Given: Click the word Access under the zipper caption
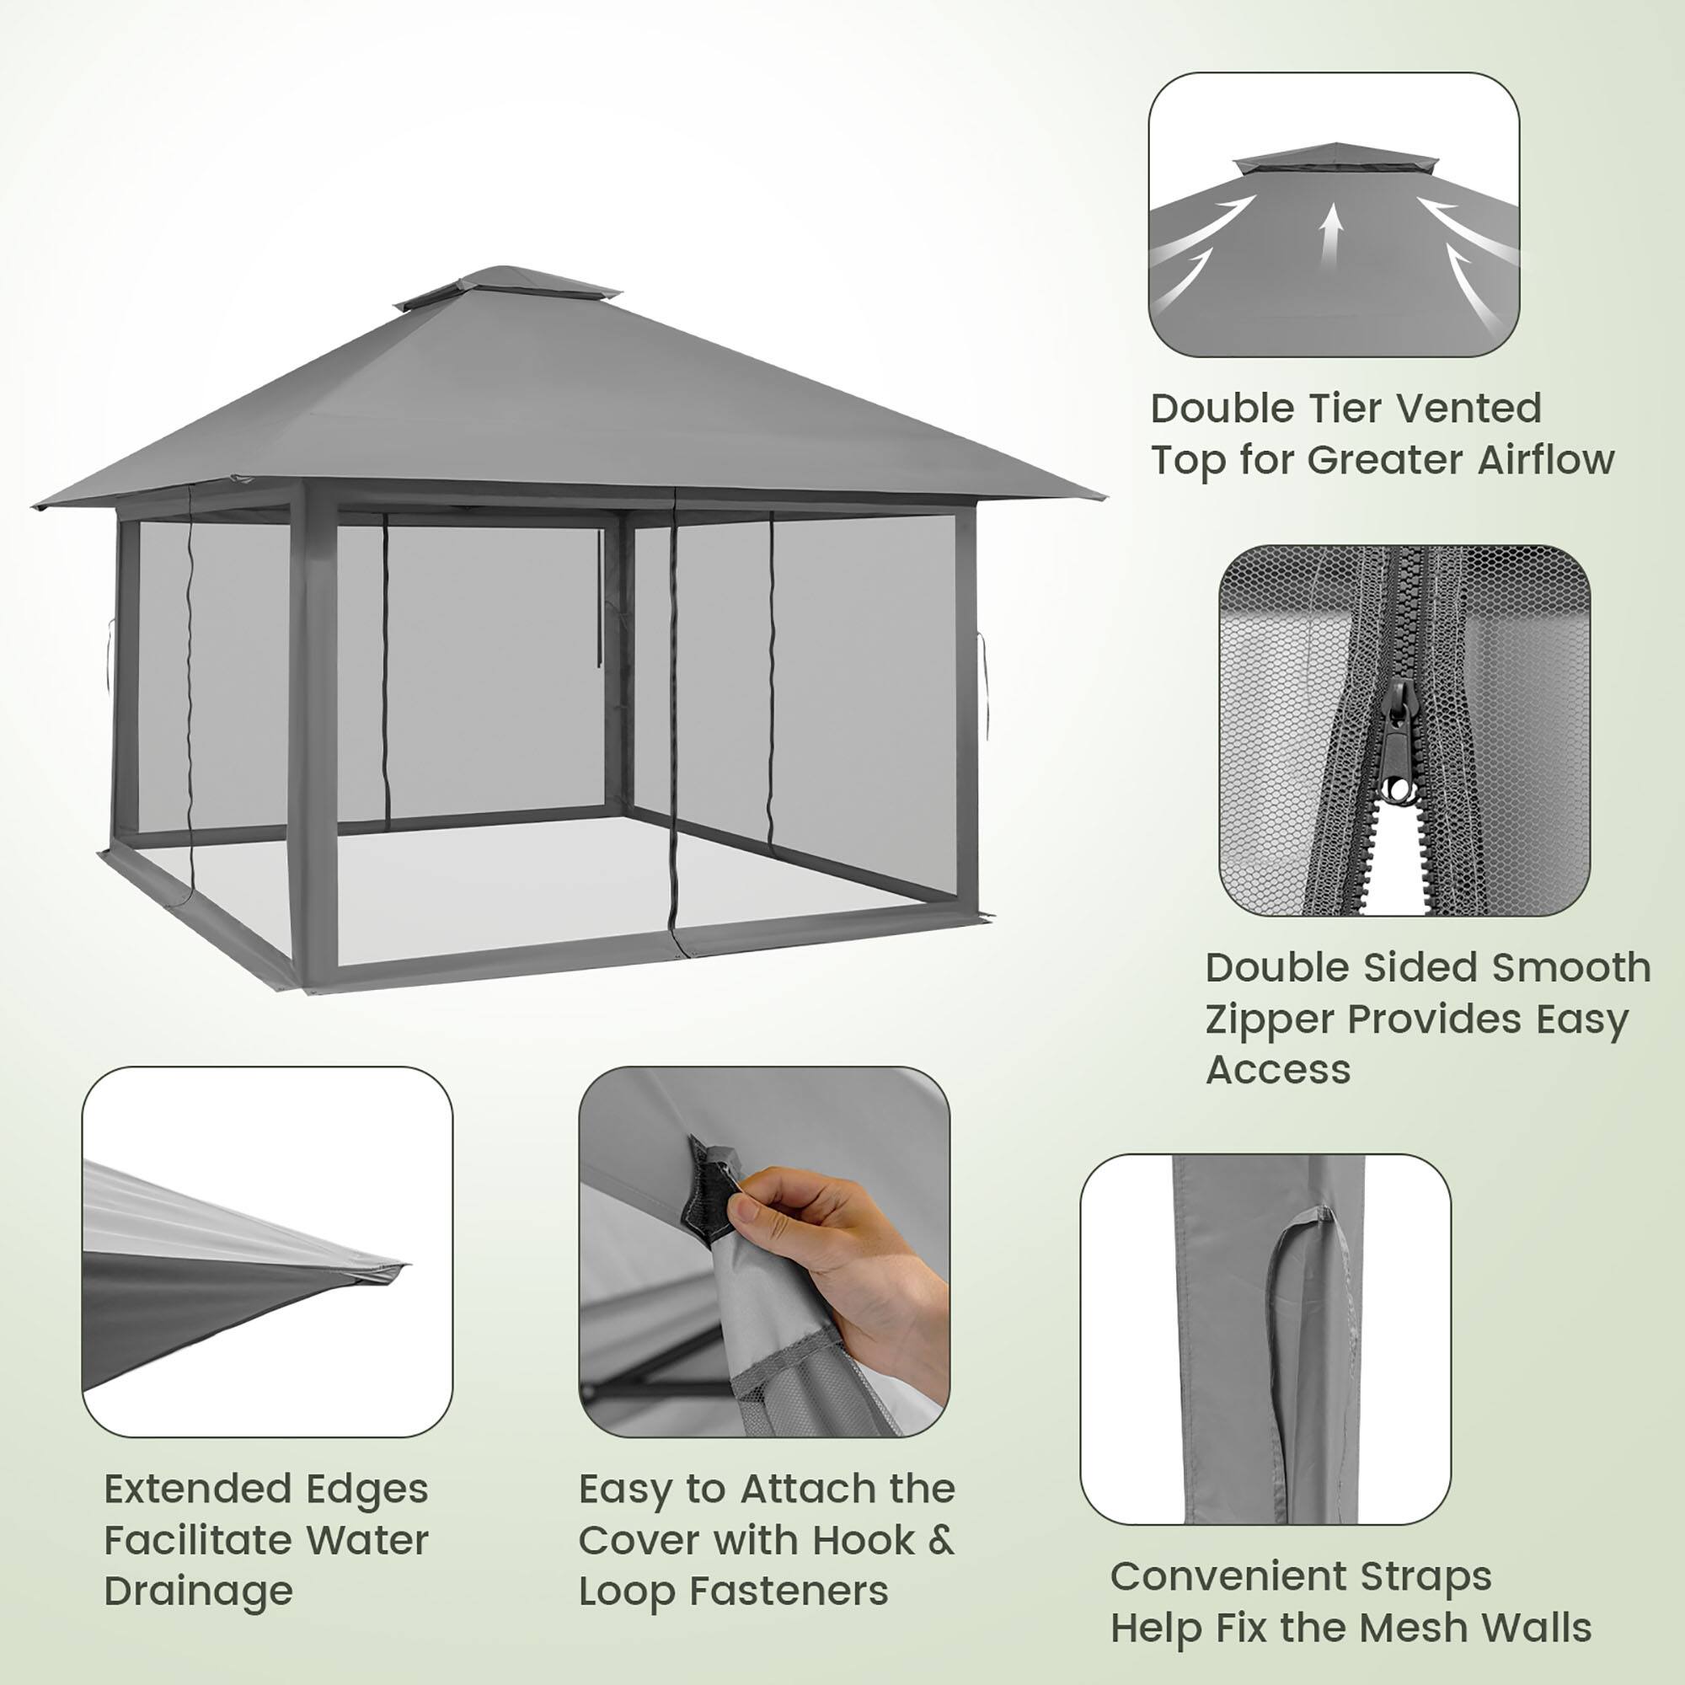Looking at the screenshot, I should [1278, 1069].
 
